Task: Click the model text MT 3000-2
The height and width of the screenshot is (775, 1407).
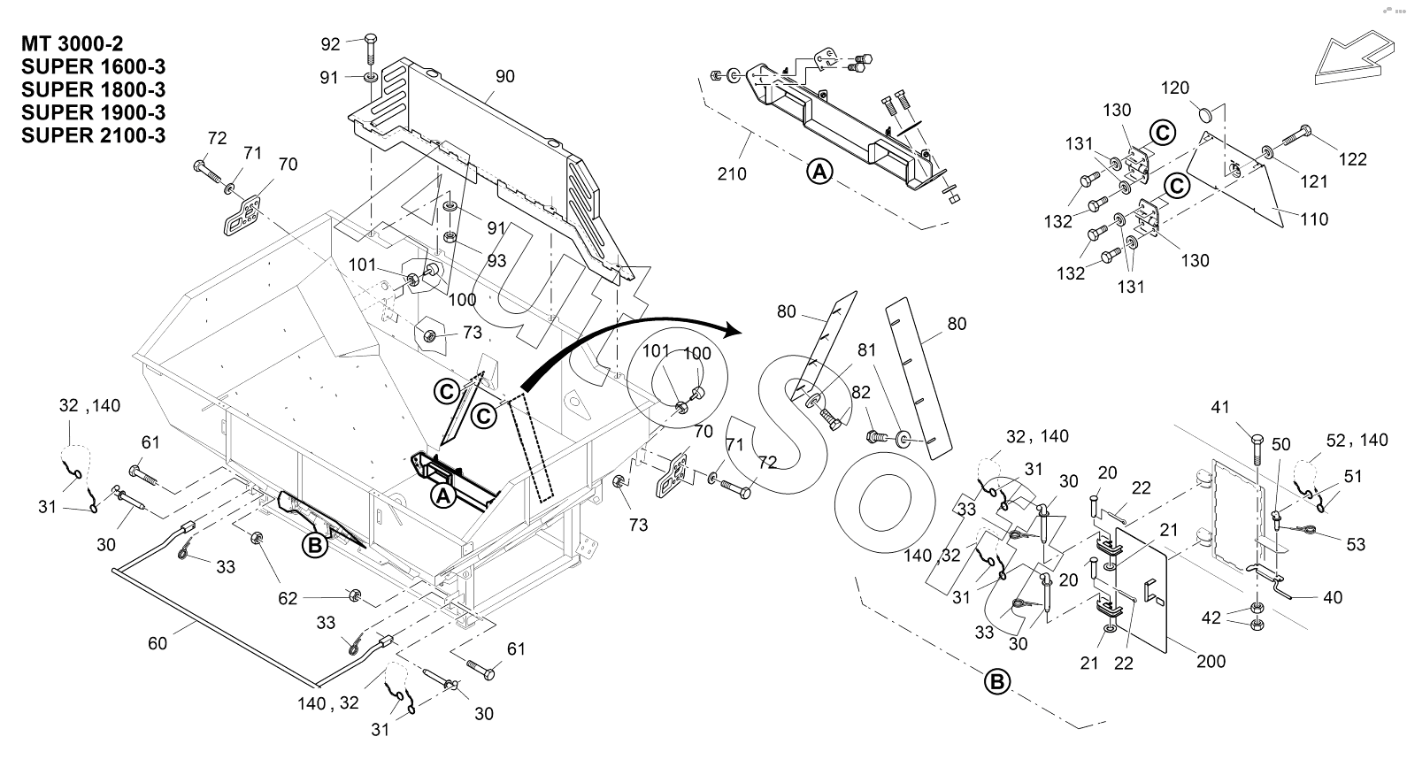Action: pyautogui.click(x=73, y=43)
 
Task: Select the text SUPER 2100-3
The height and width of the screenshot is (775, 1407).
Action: pyautogui.click(x=94, y=135)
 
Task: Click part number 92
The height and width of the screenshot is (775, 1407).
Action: pyautogui.click(x=330, y=44)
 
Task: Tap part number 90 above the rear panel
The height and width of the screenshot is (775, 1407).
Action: pyautogui.click(x=504, y=76)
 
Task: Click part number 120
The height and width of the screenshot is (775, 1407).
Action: pyautogui.click(x=1175, y=88)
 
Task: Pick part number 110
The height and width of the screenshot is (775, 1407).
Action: pyautogui.click(x=1314, y=219)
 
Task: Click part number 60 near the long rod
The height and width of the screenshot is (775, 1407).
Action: pyautogui.click(x=157, y=643)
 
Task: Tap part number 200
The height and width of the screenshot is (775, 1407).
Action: pyautogui.click(x=1210, y=661)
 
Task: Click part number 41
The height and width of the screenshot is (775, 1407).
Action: pyautogui.click(x=1220, y=408)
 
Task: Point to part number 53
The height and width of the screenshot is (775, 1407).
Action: pyautogui.click(x=1356, y=544)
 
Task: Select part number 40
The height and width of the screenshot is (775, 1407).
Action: pyautogui.click(x=1332, y=598)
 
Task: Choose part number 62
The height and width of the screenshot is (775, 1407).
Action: pyautogui.click(x=288, y=598)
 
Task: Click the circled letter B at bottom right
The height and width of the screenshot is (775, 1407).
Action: pyautogui.click(x=996, y=683)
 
